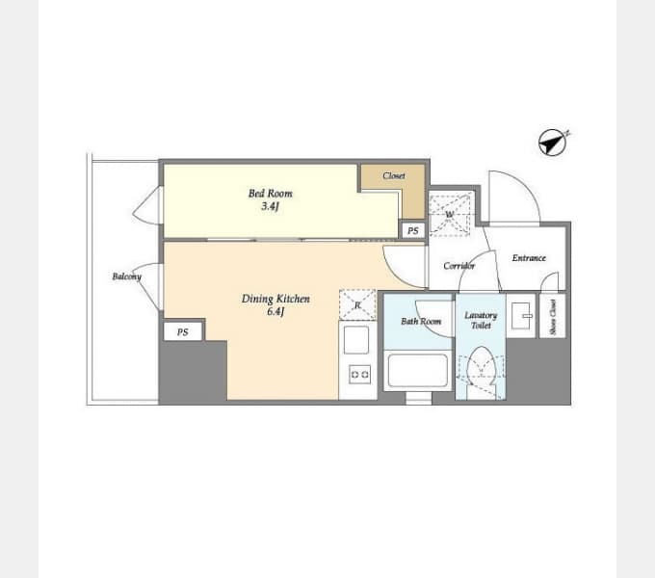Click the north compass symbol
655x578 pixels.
tap(554, 143)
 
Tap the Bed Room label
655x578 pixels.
tap(271, 194)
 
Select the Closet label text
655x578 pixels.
tap(394, 176)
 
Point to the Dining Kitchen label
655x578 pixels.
tap(275, 299)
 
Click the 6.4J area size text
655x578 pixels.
tap(275, 311)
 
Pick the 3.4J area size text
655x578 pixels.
tap(270, 206)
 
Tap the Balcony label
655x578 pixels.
tap(127, 276)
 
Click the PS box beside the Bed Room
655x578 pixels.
tap(412, 230)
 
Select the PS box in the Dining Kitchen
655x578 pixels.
tap(183, 332)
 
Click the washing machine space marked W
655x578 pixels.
tap(451, 215)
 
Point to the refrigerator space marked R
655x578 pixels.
tap(357, 304)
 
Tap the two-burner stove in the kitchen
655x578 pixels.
tap(359, 375)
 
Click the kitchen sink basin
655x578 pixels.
tap(356, 340)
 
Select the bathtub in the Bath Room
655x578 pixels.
tap(417, 371)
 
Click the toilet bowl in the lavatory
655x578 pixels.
tap(482, 365)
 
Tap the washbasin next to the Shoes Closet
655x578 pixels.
tap(521, 316)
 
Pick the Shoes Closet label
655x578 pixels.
tap(553, 317)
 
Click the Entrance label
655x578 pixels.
tap(529, 258)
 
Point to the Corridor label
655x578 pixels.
tap(459, 266)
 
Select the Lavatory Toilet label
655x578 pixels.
tap(481, 321)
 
